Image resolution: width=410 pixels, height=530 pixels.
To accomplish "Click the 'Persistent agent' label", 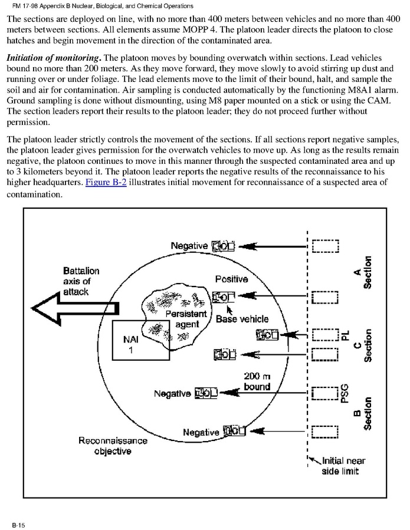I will click(186, 319).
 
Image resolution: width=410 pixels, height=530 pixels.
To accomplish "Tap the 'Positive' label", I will click(231, 279).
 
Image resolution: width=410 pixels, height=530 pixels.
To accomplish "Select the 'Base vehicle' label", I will click(242, 319).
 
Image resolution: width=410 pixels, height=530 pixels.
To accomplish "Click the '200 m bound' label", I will click(257, 381).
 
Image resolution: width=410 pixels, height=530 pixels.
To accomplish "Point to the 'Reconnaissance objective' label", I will click(105, 446).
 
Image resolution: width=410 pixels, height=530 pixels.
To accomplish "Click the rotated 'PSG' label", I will click(345, 391).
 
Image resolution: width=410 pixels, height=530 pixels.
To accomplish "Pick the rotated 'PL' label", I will click(345, 335).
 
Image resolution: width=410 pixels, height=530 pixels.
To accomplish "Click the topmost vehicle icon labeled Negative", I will click(224, 245).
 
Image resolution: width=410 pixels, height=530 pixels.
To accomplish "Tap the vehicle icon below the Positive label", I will click(224, 297).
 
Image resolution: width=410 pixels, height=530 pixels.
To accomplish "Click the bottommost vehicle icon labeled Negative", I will click(234, 432).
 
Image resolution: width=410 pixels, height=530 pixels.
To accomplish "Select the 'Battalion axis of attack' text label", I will click(81, 281).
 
